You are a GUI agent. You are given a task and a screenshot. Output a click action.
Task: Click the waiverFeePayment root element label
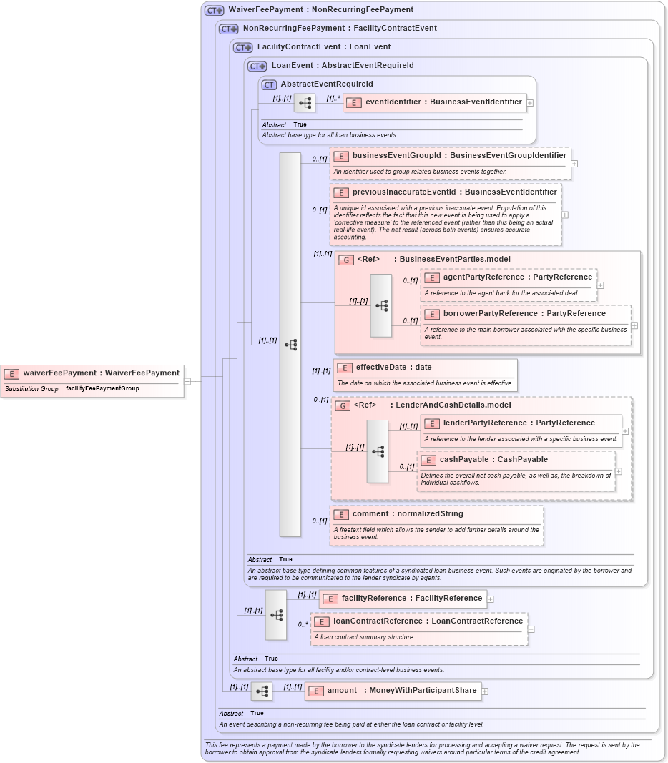101,373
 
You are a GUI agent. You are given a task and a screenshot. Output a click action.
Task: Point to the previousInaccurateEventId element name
454,192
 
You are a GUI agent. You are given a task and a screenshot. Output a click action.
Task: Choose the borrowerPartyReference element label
524,313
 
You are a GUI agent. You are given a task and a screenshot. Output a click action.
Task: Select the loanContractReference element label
428,621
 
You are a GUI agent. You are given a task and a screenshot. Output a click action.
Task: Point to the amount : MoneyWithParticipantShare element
393,691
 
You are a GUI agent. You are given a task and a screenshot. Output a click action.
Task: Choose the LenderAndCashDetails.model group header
432,405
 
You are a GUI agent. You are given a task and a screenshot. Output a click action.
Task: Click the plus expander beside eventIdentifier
530,103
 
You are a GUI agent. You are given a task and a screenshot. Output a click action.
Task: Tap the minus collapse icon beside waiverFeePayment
187,381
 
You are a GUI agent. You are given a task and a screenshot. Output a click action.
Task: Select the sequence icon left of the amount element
261,691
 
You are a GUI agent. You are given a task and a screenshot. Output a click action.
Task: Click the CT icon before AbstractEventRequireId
269,84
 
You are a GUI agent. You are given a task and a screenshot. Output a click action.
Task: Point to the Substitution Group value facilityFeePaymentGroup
102,389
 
